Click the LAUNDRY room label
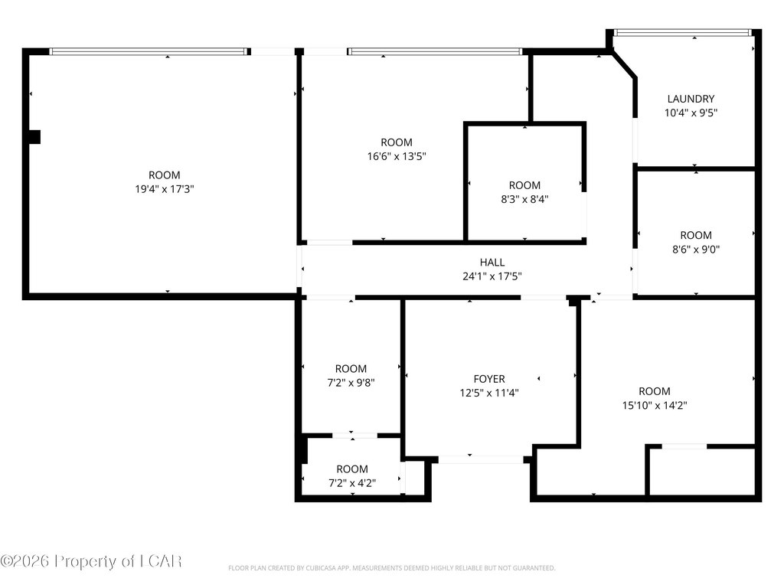[x=691, y=99]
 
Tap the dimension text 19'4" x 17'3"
[x=165, y=189]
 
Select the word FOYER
[x=489, y=379]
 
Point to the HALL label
[x=492, y=262]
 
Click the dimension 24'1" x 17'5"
[x=492, y=276]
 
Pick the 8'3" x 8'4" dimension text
[x=524, y=199]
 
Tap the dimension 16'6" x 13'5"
[x=397, y=156]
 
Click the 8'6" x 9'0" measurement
[x=695, y=249]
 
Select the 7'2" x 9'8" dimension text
[x=351, y=383]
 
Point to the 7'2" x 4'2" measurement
[x=352, y=483]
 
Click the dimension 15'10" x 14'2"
[x=655, y=405]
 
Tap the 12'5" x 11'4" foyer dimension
[x=489, y=393]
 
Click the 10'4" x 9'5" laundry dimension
[x=691, y=113]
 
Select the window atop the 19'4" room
[x=149, y=51]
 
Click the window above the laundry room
[x=682, y=32]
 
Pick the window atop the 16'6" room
[x=435, y=51]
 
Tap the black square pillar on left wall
[x=34, y=137]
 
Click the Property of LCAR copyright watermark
[x=91, y=561]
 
